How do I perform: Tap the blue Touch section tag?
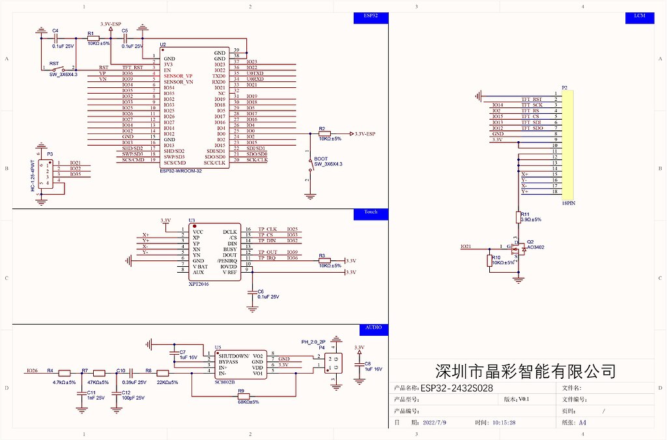[371, 212]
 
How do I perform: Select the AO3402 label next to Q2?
[535, 247]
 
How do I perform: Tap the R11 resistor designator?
[525, 213]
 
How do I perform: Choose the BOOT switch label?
[320, 159]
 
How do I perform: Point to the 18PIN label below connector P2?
[569, 203]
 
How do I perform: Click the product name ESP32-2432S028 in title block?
[457, 388]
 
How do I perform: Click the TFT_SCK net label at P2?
[532, 105]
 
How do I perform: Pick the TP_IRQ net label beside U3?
[267, 258]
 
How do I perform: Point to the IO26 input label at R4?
[32, 370]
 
